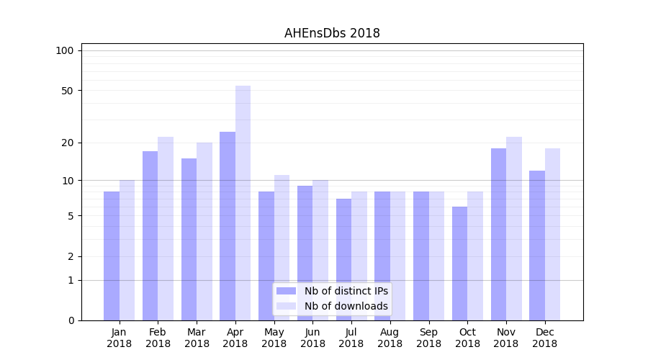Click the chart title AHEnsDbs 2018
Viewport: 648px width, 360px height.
click(332, 33)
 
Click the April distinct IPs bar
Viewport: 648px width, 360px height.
click(228, 226)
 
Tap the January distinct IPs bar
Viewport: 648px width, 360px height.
click(112, 256)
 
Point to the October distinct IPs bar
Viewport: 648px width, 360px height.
click(459, 264)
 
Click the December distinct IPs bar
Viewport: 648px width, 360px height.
click(537, 246)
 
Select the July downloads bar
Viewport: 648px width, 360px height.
click(359, 256)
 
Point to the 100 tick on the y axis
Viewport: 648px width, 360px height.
click(65, 50)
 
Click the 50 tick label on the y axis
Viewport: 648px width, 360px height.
click(67, 91)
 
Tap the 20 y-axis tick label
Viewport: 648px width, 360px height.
click(67, 143)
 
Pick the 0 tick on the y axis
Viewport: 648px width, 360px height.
click(71, 320)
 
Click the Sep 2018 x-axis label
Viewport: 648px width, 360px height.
click(428, 338)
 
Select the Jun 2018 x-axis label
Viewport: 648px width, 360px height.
click(312, 338)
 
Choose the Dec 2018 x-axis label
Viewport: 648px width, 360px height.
click(544, 338)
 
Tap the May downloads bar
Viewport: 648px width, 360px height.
click(282, 248)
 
